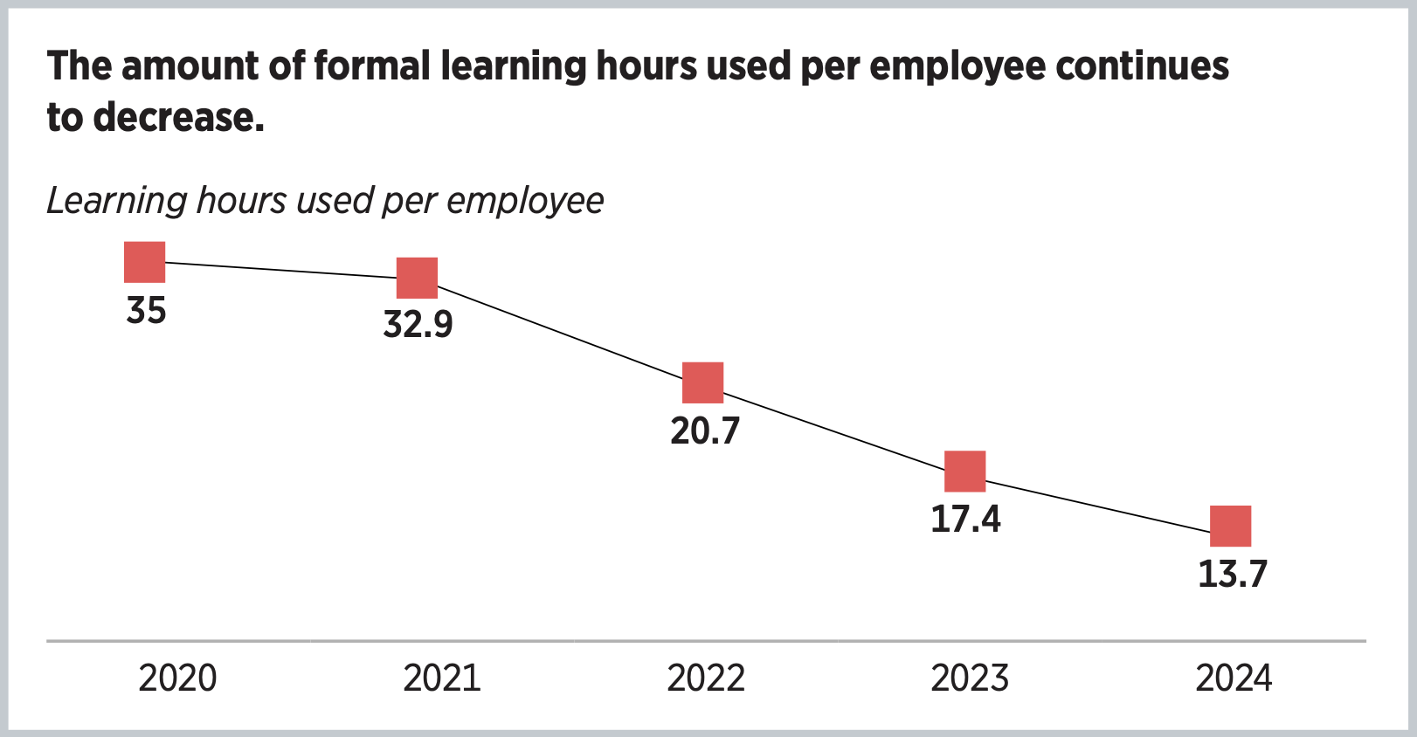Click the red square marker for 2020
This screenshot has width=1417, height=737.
point(145,262)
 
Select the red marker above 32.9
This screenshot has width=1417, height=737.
point(418,278)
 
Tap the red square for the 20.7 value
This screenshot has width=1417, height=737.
point(703,382)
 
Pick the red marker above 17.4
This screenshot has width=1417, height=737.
point(965,472)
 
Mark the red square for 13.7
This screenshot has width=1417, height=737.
point(1231,526)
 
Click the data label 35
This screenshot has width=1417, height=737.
point(146,311)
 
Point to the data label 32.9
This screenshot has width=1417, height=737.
point(418,325)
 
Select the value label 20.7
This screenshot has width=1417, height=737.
point(705,430)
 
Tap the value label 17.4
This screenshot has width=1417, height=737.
point(965,520)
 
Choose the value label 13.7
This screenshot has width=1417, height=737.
point(1232,575)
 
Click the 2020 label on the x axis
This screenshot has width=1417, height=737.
point(177,678)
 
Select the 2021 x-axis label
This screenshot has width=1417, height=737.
point(442,678)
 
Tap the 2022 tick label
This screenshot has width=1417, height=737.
point(706,678)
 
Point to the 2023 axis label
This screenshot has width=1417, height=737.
point(970,678)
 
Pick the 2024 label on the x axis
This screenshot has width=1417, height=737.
point(1234,678)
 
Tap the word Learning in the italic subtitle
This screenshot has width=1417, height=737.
point(116,201)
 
